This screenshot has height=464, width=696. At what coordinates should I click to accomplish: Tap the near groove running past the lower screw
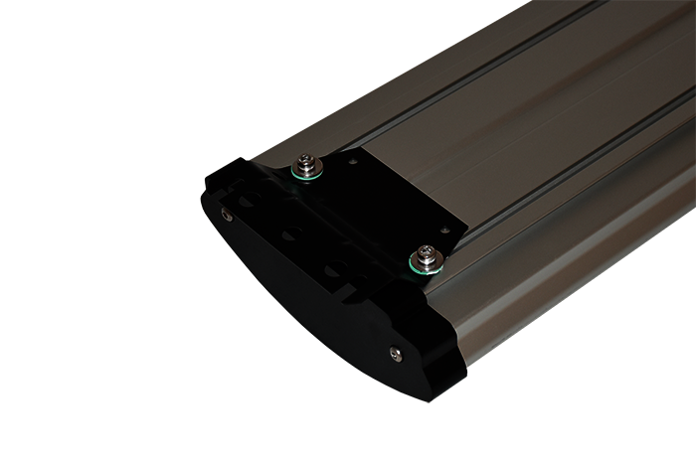557,199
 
